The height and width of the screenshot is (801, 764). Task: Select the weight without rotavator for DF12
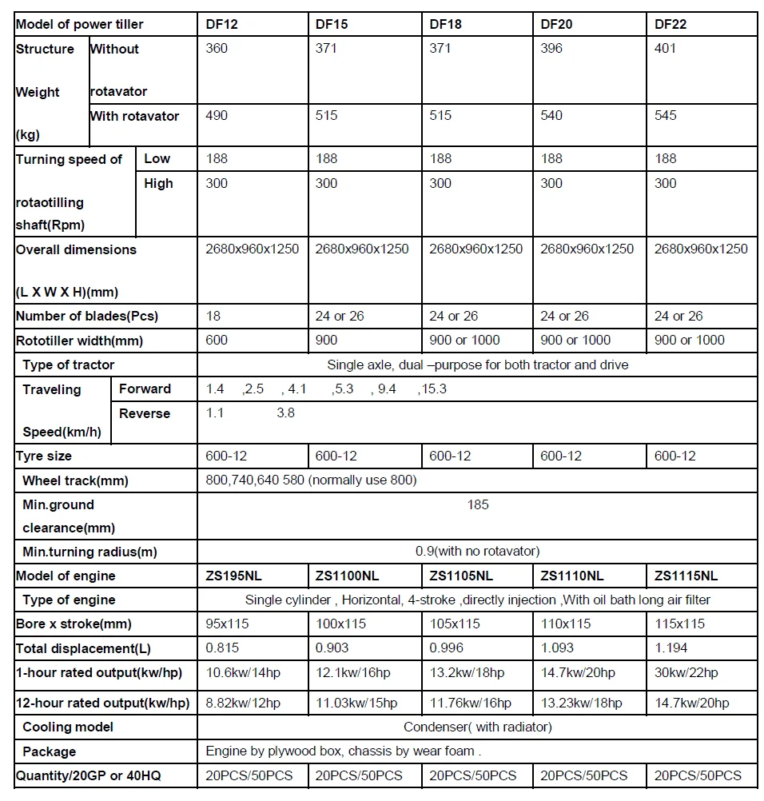click(x=217, y=49)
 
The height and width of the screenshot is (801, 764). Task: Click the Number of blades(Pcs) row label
click(x=87, y=316)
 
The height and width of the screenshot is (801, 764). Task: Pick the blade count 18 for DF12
click(x=213, y=316)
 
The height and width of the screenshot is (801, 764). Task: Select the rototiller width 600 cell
click(x=217, y=341)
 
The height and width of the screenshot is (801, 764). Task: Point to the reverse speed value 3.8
click(x=285, y=413)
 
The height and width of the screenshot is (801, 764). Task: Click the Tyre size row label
click(x=44, y=456)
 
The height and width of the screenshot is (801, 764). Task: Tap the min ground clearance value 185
click(x=478, y=504)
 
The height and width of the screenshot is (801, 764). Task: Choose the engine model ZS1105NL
click(x=461, y=576)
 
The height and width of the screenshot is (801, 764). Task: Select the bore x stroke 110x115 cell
click(x=566, y=624)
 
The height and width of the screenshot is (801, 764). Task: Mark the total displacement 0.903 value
click(x=332, y=648)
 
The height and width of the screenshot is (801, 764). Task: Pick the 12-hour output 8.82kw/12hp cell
click(x=243, y=703)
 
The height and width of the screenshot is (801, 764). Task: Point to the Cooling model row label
click(x=68, y=727)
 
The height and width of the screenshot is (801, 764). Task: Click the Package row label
click(x=50, y=751)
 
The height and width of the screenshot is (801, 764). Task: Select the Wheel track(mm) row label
click(x=75, y=480)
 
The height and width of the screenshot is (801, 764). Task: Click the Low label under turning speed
click(x=157, y=159)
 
